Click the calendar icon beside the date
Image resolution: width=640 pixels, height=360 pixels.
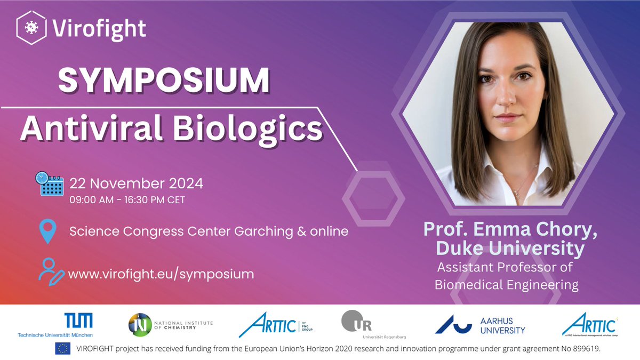click(49, 184)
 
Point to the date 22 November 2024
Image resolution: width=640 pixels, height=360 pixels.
click(137, 183)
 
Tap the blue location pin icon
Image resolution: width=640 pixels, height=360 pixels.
click(48, 231)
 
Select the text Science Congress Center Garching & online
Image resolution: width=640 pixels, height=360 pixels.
click(209, 231)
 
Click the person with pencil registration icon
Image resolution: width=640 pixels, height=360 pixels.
click(51, 270)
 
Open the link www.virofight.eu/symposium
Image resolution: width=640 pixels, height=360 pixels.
click(162, 274)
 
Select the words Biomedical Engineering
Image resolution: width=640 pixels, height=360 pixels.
click(506, 285)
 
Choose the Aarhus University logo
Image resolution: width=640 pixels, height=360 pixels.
click(480, 324)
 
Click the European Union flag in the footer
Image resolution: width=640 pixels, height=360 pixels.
click(62, 348)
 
